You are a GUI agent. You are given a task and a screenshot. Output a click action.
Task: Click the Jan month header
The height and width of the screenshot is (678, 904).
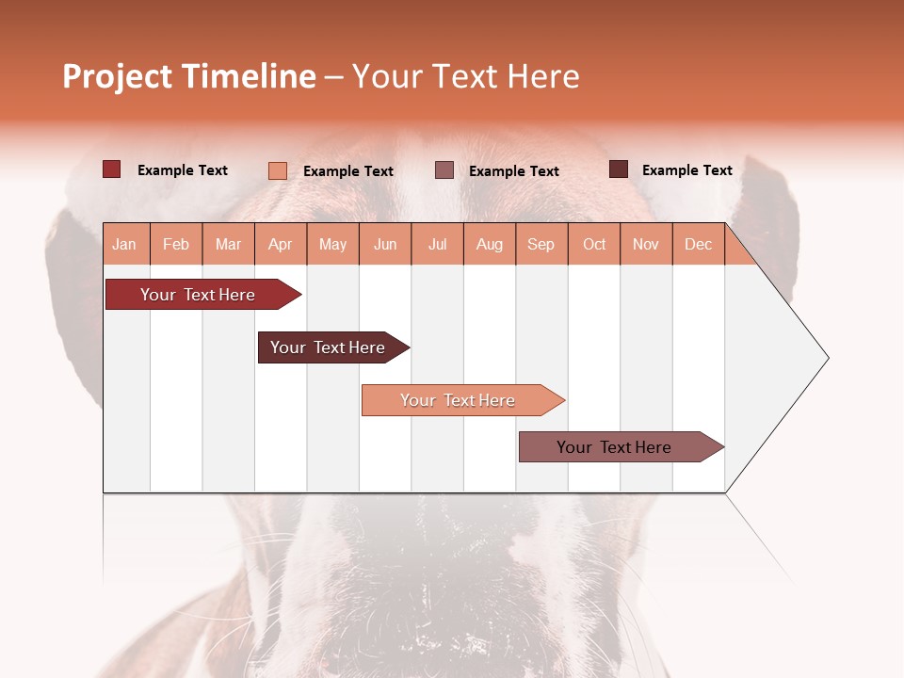click(x=124, y=244)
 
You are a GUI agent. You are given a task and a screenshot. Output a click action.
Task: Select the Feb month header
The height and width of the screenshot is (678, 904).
click(x=176, y=244)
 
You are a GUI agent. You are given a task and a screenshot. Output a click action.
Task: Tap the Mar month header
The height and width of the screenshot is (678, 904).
click(x=228, y=244)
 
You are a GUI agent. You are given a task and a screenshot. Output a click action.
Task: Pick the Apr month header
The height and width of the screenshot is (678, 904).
click(x=281, y=244)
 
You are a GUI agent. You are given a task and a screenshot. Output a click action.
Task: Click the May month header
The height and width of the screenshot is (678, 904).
click(x=332, y=244)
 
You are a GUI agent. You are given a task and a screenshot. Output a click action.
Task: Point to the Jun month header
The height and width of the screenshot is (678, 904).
click(x=385, y=244)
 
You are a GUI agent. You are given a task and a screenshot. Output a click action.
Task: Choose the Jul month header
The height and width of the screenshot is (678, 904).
click(x=437, y=244)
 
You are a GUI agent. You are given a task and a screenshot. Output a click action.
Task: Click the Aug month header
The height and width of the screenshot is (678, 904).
click(x=489, y=244)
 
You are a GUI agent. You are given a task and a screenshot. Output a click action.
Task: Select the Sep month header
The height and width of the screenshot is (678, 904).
click(x=541, y=244)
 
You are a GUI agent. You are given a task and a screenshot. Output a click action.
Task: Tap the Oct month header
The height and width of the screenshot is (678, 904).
click(x=594, y=244)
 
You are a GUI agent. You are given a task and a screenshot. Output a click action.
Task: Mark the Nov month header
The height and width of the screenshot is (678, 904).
click(x=646, y=244)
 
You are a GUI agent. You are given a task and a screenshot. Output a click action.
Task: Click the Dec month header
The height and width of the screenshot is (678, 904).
click(x=698, y=244)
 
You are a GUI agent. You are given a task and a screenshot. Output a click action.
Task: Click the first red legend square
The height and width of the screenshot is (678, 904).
click(x=112, y=169)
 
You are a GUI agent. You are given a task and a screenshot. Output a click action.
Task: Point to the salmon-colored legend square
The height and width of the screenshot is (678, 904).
click(x=278, y=170)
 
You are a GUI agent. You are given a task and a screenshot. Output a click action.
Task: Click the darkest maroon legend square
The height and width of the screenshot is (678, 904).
click(x=619, y=169)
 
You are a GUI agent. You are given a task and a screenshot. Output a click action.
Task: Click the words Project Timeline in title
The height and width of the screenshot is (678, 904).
click(x=189, y=76)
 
